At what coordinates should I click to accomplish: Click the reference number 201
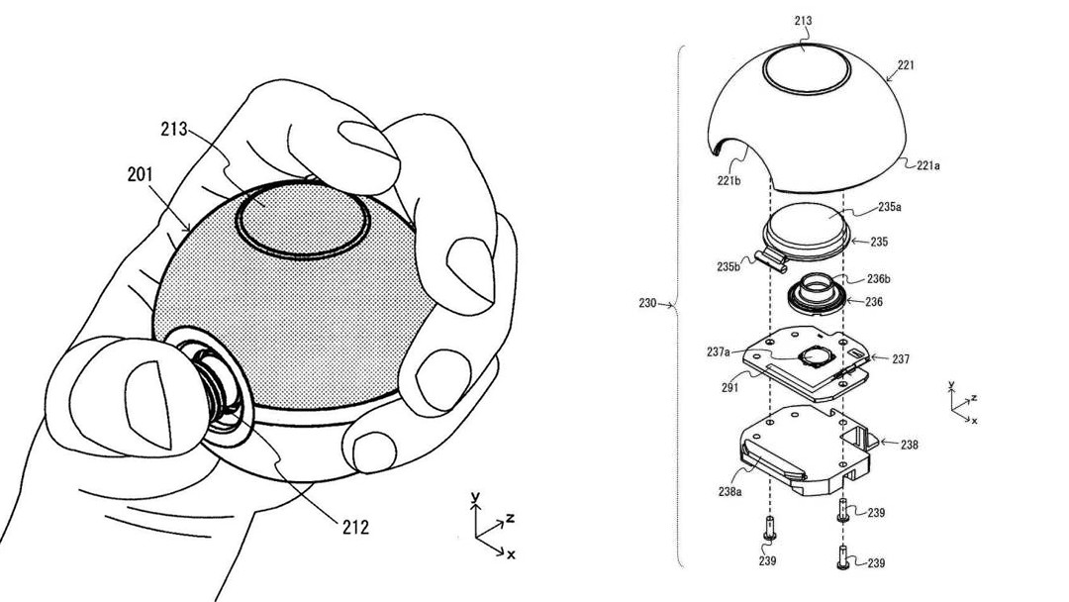pyautogui.click(x=140, y=175)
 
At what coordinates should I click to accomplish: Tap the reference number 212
pyautogui.click(x=355, y=527)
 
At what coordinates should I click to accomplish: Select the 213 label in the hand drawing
pyautogui.click(x=174, y=129)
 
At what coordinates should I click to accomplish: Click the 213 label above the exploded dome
pyautogui.click(x=803, y=21)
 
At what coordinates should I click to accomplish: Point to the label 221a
pyautogui.click(x=928, y=165)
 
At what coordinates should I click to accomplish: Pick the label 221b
pyautogui.click(x=729, y=180)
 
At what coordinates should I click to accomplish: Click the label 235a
pyautogui.click(x=889, y=207)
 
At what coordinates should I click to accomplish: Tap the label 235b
pyautogui.click(x=729, y=266)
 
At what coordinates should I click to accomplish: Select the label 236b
pyautogui.click(x=879, y=279)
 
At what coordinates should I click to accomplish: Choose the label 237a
pyautogui.click(x=719, y=351)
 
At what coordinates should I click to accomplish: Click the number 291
pyautogui.click(x=730, y=387)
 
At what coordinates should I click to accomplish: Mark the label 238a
pyautogui.click(x=729, y=491)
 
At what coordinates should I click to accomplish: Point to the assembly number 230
pyautogui.click(x=647, y=303)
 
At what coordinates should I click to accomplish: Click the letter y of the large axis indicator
pyautogui.click(x=476, y=496)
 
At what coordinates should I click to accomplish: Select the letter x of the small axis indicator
pyautogui.click(x=974, y=421)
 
